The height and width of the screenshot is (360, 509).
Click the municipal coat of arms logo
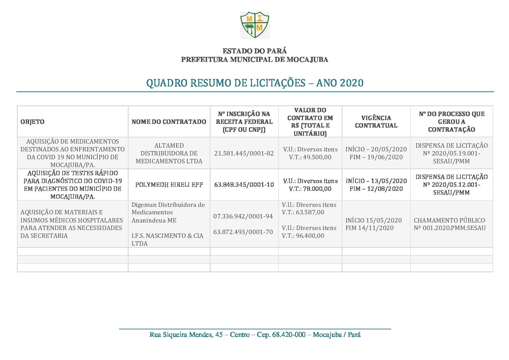click(x=255, y=25)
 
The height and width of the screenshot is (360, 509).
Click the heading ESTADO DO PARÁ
click(x=255, y=51)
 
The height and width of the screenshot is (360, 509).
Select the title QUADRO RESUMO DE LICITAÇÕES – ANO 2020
click(x=255, y=83)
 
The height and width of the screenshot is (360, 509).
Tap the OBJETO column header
click(x=33, y=122)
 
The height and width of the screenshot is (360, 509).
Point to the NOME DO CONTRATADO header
click(x=169, y=122)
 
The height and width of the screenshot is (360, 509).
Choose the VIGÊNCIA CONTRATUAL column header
click(x=376, y=122)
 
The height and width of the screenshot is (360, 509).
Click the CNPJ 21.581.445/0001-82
click(x=244, y=153)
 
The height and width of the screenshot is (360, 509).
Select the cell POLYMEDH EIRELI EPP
click(x=169, y=185)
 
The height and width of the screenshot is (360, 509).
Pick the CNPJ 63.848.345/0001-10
click(x=244, y=185)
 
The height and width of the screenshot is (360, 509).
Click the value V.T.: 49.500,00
click(x=310, y=157)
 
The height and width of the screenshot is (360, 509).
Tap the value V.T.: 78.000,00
click(x=310, y=189)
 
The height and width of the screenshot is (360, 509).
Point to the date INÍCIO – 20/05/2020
click(x=376, y=149)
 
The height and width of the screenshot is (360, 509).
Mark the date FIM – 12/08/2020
click(x=376, y=189)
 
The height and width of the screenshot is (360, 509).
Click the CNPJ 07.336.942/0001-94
click(x=243, y=216)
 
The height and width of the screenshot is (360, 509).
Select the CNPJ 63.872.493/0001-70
click(x=243, y=232)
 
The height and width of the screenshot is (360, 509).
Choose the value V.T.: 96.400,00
click(x=303, y=236)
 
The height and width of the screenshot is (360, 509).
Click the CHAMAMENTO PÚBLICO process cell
click(x=449, y=224)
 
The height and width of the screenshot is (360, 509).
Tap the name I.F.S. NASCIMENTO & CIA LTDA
click(x=167, y=240)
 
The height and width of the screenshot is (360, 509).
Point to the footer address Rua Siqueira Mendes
click(x=255, y=335)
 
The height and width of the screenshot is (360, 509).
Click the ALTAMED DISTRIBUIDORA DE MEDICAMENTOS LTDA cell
click(x=169, y=153)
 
